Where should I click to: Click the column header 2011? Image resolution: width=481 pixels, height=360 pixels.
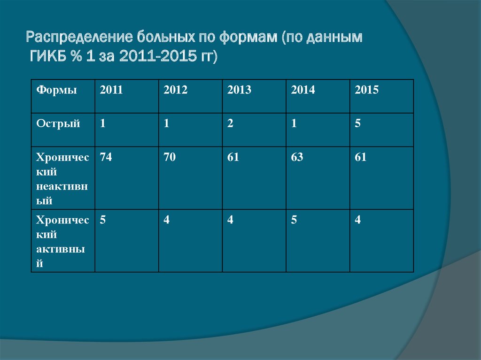(111, 90)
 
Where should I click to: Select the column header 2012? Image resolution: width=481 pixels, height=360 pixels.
(175, 90)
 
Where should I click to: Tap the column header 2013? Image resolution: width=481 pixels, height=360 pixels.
(239, 90)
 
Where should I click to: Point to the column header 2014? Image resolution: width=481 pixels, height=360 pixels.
(303, 90)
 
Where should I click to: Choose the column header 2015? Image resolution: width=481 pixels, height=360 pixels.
(367, 90)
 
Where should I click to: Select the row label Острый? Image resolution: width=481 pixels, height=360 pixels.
(58, 124)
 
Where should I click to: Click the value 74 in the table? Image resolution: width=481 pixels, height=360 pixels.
(106, 157)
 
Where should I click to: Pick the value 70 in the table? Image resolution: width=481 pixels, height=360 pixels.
(170, 157)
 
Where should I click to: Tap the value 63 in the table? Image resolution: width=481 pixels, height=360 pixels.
(297, 157)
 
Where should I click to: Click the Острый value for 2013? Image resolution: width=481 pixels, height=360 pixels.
(230, 124)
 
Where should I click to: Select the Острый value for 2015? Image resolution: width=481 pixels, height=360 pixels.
(358, 124)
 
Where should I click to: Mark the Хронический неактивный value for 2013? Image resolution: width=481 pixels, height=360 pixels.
(233, 157)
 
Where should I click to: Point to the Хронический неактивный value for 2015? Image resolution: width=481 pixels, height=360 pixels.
(361, 157)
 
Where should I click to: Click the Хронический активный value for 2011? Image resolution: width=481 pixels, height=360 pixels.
(102, 220)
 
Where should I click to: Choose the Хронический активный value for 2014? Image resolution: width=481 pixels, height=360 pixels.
(294, 220)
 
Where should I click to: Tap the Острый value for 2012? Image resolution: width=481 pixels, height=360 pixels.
(166, 124)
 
